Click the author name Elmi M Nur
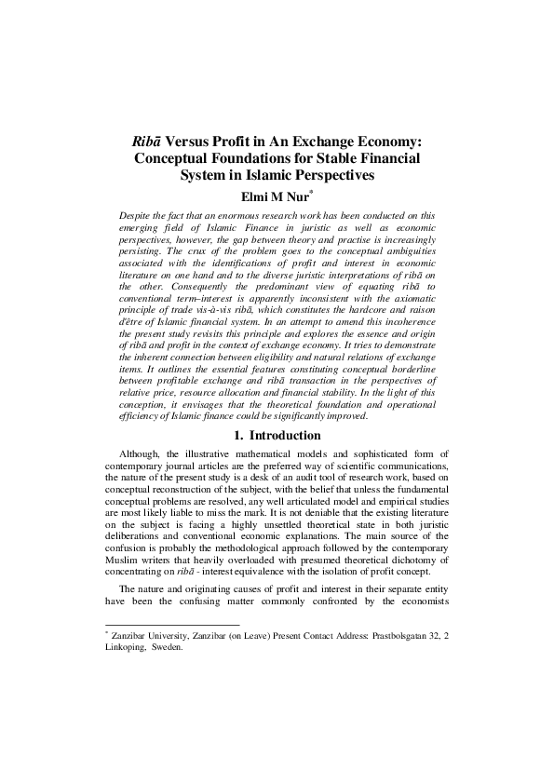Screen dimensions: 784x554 275,196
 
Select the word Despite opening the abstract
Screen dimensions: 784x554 140,215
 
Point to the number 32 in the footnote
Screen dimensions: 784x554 438,638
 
